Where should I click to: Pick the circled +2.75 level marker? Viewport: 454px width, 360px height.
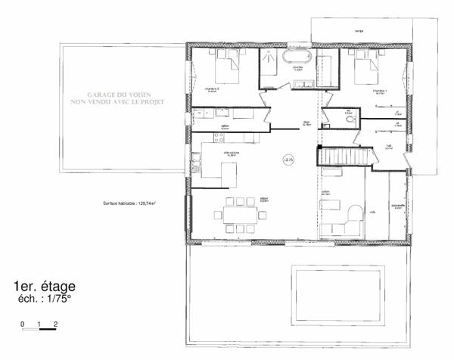[288, 160]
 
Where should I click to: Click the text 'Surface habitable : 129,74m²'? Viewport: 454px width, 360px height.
[135, 203]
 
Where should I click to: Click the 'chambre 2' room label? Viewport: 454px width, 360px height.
[201, 88]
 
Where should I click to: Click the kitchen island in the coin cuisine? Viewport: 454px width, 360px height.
[219, 172]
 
